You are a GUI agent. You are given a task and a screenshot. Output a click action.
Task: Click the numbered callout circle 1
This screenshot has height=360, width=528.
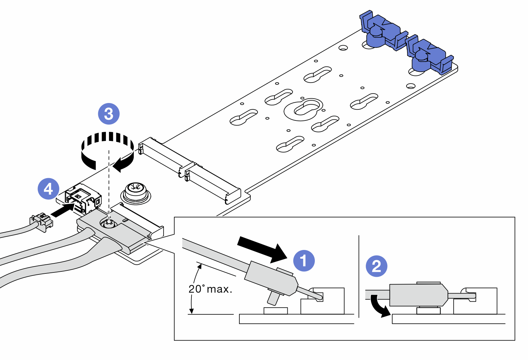[x=304, y=261]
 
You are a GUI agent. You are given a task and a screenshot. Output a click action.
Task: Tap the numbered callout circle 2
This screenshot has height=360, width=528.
[x=376, y=266]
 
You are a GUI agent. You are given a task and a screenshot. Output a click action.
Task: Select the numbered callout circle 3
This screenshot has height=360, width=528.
[x=109, y=114]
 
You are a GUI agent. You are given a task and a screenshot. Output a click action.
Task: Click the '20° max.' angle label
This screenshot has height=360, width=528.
[x=210, y=289]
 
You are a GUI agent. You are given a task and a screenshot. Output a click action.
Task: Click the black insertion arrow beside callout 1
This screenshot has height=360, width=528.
[x=261, y=249]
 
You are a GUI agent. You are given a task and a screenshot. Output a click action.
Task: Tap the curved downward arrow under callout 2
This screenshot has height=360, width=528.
[x=379, y=306]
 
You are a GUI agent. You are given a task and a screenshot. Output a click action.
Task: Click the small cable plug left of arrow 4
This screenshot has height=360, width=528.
[x=42, y=221]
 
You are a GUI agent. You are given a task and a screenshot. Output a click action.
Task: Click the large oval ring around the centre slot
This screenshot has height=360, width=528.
[x=304, y=109]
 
